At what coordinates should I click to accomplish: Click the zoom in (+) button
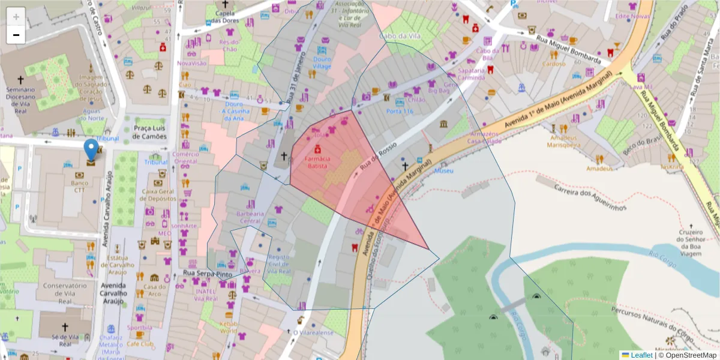(x=16, y=17)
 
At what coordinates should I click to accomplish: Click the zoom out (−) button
(x=16, y=35)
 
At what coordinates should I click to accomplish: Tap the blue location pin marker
(x=91, y=149)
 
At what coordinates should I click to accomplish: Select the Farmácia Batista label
(x=317, y=162)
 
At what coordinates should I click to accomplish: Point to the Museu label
(x=444, y=171)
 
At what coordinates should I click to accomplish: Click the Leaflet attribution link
(x=641, y=355)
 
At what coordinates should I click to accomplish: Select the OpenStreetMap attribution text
(x=687, y=355)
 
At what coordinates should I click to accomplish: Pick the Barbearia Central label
(x=250, y=217)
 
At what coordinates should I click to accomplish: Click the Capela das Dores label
(x=226, y=17)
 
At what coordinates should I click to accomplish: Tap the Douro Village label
(x=322, y=63)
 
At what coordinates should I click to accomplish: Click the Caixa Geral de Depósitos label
(x=159, y=195)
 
